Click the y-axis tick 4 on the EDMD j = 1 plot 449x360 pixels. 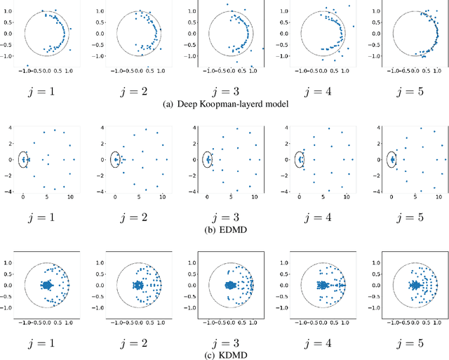pos(9,127)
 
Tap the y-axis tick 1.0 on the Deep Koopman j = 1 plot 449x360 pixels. pos(15,12)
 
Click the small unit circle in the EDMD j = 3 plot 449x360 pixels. pos(207,159)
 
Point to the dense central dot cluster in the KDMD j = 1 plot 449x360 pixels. pos(46,286)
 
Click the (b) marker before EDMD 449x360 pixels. pos(208,225)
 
